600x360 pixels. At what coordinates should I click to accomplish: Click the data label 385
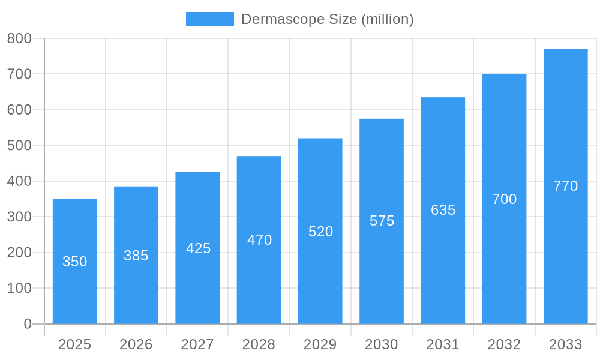coord(136,256)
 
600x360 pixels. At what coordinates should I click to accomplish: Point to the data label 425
coord(198,248)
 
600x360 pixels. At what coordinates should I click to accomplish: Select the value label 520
coord(320,232)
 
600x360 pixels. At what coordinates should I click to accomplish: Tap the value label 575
coord(382,221)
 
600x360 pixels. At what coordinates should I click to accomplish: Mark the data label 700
coord(504,199)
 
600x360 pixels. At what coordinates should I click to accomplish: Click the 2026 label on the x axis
coord(136,344)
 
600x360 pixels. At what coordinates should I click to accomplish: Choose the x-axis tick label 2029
coord(320,344)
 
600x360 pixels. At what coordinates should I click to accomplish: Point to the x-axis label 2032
coord(504,344)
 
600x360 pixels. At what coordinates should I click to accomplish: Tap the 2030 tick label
coord(382,344)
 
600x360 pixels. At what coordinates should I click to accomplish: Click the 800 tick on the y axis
coord(19,38)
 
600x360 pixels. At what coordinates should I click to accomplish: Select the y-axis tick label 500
coord(19,145)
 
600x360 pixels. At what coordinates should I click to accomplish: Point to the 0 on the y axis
coord(28,324)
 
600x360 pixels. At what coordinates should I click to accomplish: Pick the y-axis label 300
coord(19,217)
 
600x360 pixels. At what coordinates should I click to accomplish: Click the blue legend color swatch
coord(209,19)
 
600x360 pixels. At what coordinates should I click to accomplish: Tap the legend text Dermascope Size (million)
coord(328,19)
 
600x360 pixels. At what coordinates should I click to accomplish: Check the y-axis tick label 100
coord(19,288)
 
